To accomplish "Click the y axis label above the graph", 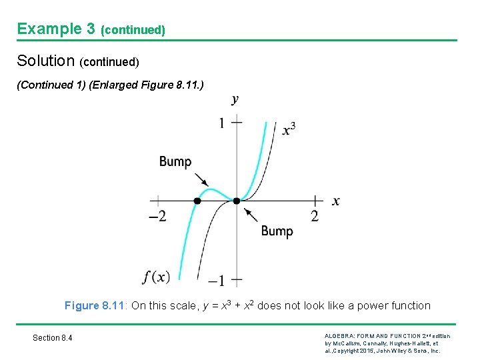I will (235, 100).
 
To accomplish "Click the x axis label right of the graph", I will (335, 201).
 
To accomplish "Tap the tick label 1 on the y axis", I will (222, 123).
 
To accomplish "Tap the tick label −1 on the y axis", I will (217, 280).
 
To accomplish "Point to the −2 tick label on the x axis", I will (157, 216).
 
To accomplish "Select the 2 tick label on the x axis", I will (315, 216).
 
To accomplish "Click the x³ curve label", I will (289, 129).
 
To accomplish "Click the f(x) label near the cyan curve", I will (156, 276).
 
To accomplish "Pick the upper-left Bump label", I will (175, 161).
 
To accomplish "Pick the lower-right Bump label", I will (277, 231).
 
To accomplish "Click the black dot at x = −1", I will (197, 201).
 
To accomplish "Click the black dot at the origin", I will (237, 201).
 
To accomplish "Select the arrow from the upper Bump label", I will (201, 179).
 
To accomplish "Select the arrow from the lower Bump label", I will (251, 215).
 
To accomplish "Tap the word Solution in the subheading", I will (45, 61).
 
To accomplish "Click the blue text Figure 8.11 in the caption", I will (95, 305).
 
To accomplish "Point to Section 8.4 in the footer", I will (53, 338).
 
